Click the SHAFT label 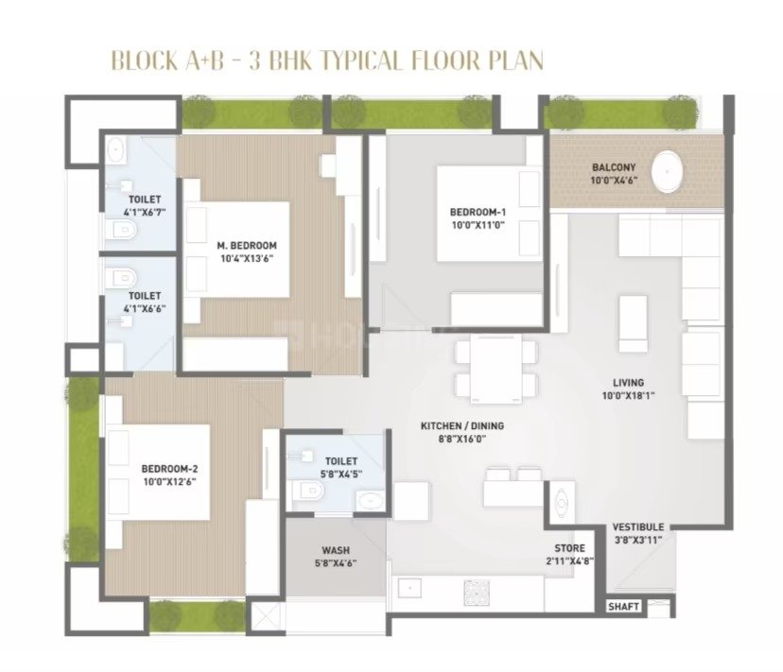point(623,607)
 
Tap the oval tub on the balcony point(668,171)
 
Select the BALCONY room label point(614,167)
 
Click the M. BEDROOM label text point(247,246)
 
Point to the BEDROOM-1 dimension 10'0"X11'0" point(478,225)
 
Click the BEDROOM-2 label point(169,469)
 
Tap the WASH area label point(336,551)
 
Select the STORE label point(569,548)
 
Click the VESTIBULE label point(637,527)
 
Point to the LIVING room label point(628,383)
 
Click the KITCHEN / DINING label point(462,426)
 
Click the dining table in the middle point(496,369)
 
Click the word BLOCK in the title point(145,60)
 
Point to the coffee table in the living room point(634,324)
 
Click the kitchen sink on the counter point(409,588)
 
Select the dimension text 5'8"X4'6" point(336,563)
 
